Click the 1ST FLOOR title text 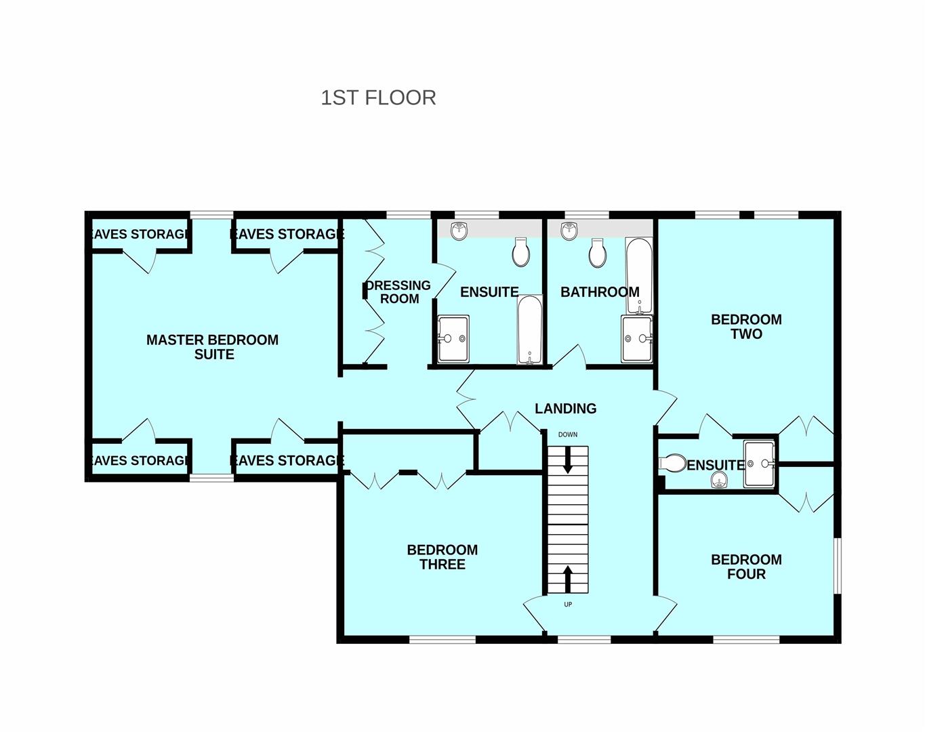378,98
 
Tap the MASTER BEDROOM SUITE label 212,346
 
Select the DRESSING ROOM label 398,292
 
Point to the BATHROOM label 600,292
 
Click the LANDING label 565,408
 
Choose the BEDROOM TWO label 746,327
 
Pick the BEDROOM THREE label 443,556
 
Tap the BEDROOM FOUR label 746,567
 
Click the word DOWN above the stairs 567,434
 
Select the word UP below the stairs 568,605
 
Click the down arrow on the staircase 567,460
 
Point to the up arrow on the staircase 567,579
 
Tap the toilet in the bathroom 598,253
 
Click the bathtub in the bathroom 639,276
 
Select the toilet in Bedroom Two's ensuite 673,463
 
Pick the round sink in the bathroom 569,230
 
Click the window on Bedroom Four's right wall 838,565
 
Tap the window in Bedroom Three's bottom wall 443,640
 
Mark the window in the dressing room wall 409,215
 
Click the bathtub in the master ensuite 529,329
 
